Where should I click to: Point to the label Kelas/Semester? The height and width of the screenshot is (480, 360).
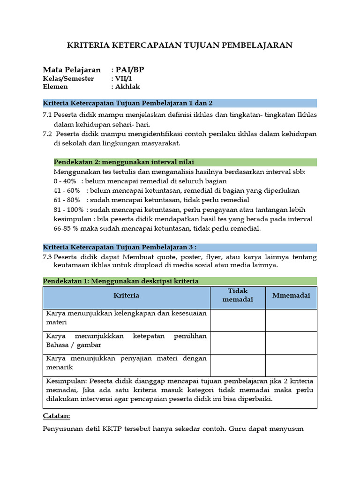pyautogui.click(x=68, y=78)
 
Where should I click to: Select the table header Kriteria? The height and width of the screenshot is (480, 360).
pyautogui.click(x=126, y=295)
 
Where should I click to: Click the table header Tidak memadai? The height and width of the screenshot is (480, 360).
pyautogui.click(x=237, y=295)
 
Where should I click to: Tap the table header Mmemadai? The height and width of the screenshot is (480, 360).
pyautogui.click(x=291, y=295)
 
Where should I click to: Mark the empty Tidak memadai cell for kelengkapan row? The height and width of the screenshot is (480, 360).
pyautogui.click(x=238, y=320)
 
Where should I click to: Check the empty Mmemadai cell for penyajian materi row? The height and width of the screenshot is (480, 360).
pyautogui.click(x=291, y=365)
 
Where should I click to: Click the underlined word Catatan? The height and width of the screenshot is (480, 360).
pyautogui.click(x=56, y=416)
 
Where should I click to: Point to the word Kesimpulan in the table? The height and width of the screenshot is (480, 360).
pyautogui.click(x=66, y=381)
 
